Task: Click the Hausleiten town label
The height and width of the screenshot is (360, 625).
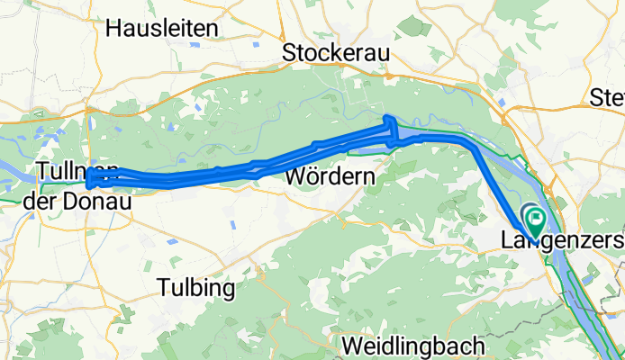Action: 162,28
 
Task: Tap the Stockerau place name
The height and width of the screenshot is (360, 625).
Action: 335,53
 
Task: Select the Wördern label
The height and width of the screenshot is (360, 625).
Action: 329,177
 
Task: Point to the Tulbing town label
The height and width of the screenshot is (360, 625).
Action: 195,288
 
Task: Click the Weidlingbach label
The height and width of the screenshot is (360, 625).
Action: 414,346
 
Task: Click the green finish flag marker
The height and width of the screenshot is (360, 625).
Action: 536,218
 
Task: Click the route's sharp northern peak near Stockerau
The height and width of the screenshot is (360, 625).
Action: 389,120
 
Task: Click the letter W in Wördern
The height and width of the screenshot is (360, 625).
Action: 294,177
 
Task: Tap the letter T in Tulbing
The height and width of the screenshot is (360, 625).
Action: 163,288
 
